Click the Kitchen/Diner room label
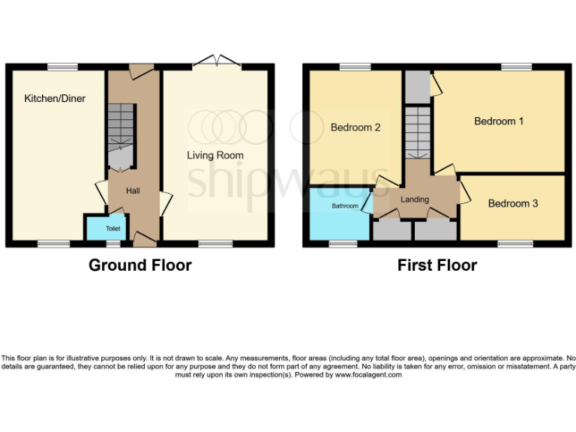(x=54, y=98)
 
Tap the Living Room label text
(x=215, y=155)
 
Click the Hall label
(x=133, y=191)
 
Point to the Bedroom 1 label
(x=499, y=121)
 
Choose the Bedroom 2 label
(x=355, y=127)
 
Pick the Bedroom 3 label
(x=513, y=203)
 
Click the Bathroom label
(x=345, y=205)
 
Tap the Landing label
(x=415, y=199)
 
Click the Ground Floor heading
(x=140, y=265)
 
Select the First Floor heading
(x=437, y=265)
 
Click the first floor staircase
(x=416, y=133)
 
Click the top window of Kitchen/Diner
(x=62, y=67)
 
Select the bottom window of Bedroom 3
(x=513, y=243)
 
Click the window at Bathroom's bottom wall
(x=343, y=243)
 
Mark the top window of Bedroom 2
(x=354, y=67)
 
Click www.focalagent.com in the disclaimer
(x=368, y=375)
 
